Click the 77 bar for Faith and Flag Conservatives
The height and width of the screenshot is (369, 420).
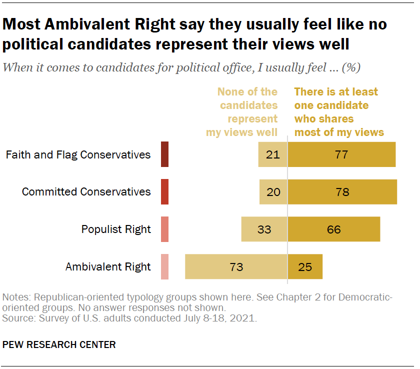point(341,154)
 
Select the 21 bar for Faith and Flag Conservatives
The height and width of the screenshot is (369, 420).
point(272,154)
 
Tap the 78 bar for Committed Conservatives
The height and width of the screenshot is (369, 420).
point(342,192)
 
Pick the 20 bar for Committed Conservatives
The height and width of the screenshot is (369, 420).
point(273,192)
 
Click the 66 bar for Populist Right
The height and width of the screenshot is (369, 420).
point(333,229)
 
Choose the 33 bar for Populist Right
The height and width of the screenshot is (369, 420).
point(264,229)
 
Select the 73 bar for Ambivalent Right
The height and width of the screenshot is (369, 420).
point(236,266)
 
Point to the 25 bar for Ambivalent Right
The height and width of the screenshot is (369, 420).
point(305,266)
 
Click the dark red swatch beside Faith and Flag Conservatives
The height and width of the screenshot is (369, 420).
point(164,154)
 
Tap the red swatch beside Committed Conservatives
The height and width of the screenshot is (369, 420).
point(164,192)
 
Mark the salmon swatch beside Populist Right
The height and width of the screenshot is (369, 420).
point(164,229)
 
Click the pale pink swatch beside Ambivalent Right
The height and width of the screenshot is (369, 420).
point(164,266)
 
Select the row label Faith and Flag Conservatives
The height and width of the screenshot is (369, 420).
point(78,154)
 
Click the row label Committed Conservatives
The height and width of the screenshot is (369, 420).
point(86,192)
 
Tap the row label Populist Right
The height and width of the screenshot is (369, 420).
point(116,229)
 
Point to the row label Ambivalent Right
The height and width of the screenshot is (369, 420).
point(108,266)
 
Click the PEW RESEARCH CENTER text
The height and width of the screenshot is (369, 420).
point(59,344)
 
